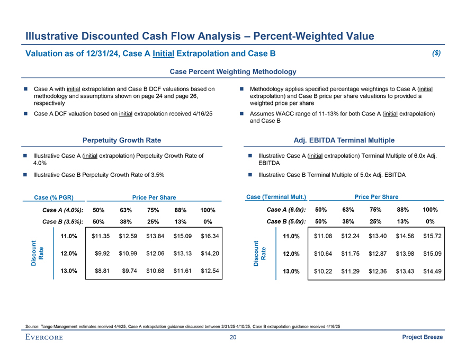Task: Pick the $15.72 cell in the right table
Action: point(432,236)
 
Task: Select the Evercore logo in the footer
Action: point(43,338)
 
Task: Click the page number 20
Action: point(233,338)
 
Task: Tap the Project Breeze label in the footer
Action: point(423,338)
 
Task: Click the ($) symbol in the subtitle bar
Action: point(436,53)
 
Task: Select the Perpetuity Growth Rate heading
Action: point(122,140)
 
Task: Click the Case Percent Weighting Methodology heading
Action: point(232,71)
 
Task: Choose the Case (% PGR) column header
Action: point(53,197)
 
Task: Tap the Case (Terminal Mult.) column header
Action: point(276,197)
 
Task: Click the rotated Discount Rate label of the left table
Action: point(37,253)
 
